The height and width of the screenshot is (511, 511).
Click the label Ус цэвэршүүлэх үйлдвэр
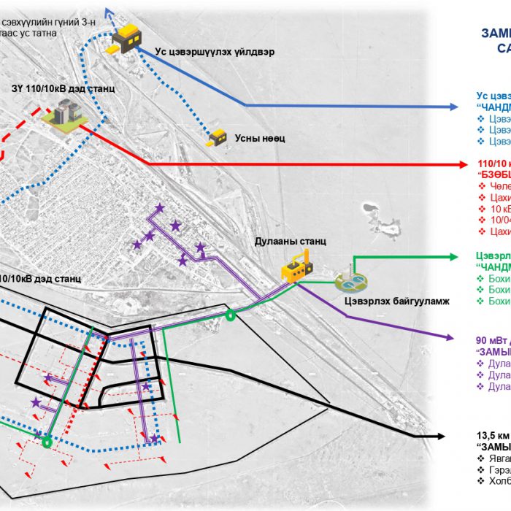tap(215, 52)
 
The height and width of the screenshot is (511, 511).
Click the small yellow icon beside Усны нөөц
tap(218, 137)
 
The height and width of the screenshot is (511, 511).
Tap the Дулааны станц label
tap(291, 241)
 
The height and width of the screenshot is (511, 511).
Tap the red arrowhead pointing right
tap(462, 164)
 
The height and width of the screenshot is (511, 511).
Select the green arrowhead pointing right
tap(462, 257)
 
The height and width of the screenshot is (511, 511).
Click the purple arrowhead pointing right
tap(462, 338)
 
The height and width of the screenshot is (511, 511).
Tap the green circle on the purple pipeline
tap(231, 316)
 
